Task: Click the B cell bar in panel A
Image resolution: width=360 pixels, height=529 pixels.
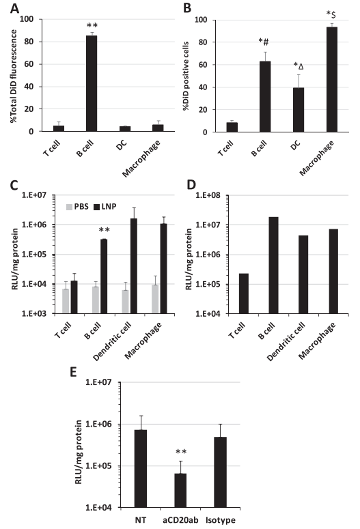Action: tap(92, 83)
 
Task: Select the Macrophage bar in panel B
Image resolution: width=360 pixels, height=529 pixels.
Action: tap(331, 80)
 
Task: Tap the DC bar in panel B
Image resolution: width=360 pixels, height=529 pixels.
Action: tap(299, 110)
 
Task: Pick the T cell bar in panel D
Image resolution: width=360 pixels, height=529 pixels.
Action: tap(243, 294)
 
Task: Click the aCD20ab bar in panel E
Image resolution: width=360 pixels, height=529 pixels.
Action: tap(180, 491)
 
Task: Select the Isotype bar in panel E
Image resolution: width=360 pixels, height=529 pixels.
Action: tap(220, 472)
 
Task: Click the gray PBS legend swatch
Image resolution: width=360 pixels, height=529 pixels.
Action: tap(69, 207)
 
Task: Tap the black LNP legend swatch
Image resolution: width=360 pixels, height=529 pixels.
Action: tap(96, 207)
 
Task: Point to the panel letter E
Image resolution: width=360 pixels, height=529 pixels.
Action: tap(73, 372)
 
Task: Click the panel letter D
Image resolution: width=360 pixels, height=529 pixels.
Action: tap(191, 184)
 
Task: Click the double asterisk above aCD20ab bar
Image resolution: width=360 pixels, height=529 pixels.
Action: tap(181, 452)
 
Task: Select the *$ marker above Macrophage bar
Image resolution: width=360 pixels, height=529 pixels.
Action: tap(331, 14)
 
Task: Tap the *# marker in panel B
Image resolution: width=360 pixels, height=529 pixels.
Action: tap(264, 42)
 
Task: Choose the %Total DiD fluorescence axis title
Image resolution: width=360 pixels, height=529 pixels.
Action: tap(14, 76)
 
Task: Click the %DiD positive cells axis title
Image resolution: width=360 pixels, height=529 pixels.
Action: tap(186, 76)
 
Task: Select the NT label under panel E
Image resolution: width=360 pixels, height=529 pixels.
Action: tap(141, 520)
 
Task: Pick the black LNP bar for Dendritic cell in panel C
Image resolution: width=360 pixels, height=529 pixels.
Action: tap(134, 266)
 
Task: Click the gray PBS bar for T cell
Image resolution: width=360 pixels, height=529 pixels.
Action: tap(66, 301)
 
